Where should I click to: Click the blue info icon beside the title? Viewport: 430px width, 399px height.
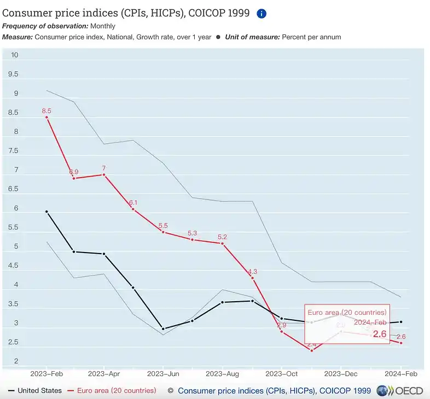[262, 14]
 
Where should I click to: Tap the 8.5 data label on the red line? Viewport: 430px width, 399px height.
[47, 111]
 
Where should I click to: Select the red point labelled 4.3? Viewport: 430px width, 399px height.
[252, 278]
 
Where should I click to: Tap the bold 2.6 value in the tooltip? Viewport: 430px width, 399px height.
[380, 333]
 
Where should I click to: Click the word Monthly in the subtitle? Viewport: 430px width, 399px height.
[103, 26]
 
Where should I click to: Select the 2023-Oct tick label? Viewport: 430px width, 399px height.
[281, 374]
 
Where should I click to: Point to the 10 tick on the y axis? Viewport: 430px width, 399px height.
[15, 55]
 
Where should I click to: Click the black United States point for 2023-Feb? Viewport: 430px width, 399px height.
[47, 212]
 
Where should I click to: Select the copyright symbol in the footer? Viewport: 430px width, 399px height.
[170, 391]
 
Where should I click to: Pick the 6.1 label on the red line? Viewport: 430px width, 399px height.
[133, 203]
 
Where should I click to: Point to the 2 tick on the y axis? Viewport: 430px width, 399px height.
[16, 361]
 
